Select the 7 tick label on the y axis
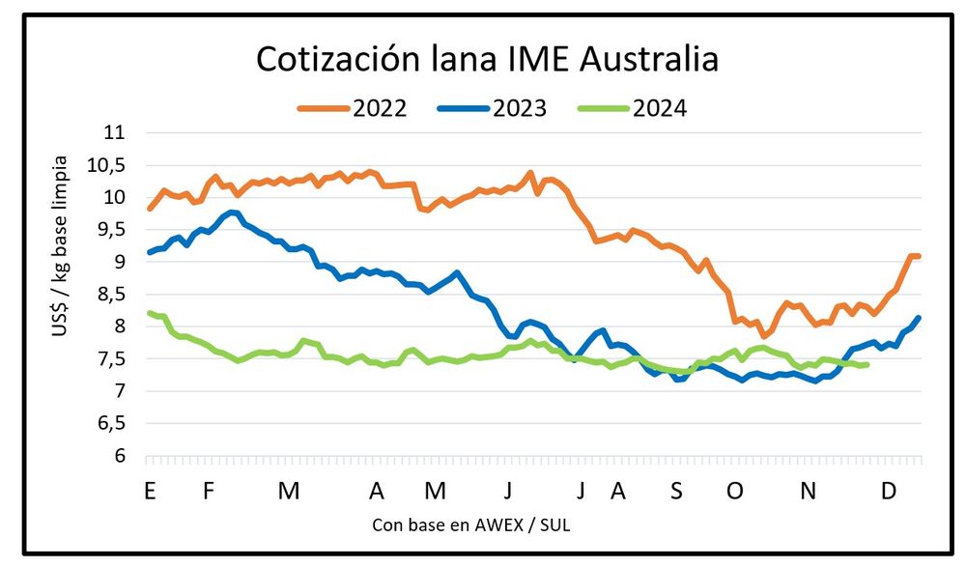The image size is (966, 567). pyautogui.click(x=121, y=391)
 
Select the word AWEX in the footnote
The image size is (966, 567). pyautogui.click(x=496, y=524)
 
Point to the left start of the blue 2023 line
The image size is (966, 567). pyautogui.click(x=149, y=252)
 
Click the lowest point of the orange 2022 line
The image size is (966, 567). pyautogui.click(x=762, y=335)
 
